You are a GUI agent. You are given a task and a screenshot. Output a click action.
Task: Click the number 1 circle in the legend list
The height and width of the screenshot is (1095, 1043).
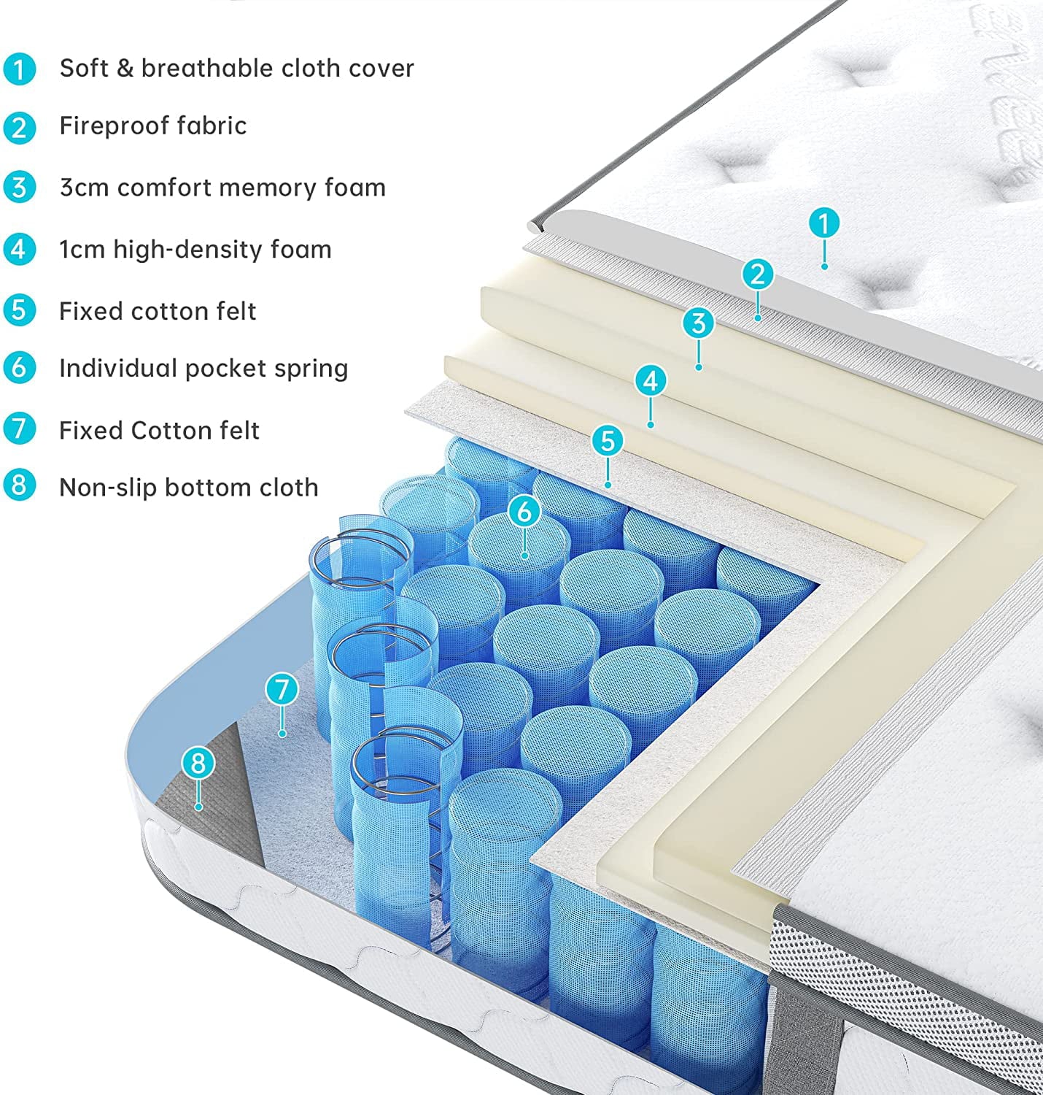19,69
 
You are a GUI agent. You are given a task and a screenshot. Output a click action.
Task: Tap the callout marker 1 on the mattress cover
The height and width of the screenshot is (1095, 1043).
824,223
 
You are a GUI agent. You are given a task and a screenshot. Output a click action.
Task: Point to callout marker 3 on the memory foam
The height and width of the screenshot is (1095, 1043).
698,323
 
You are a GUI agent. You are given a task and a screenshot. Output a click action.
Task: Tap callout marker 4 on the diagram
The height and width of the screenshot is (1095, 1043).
650,380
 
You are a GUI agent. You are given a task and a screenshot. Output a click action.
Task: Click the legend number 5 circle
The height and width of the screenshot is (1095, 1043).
19,310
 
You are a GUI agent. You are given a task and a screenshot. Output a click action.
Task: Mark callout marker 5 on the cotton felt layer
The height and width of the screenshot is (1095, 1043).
608,441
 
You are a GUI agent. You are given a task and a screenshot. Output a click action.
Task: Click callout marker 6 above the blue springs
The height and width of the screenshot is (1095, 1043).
524,512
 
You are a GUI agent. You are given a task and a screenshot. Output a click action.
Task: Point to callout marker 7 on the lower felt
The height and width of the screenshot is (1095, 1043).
282,689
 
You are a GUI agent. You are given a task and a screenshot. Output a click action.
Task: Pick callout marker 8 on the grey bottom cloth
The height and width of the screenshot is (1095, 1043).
198,763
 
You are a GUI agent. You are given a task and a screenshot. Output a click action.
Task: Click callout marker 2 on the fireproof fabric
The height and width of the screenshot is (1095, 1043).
758,274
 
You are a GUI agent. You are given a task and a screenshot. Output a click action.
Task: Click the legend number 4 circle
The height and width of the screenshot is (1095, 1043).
19,249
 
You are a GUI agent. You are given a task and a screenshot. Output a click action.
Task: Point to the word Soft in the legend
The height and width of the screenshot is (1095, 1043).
84,68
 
